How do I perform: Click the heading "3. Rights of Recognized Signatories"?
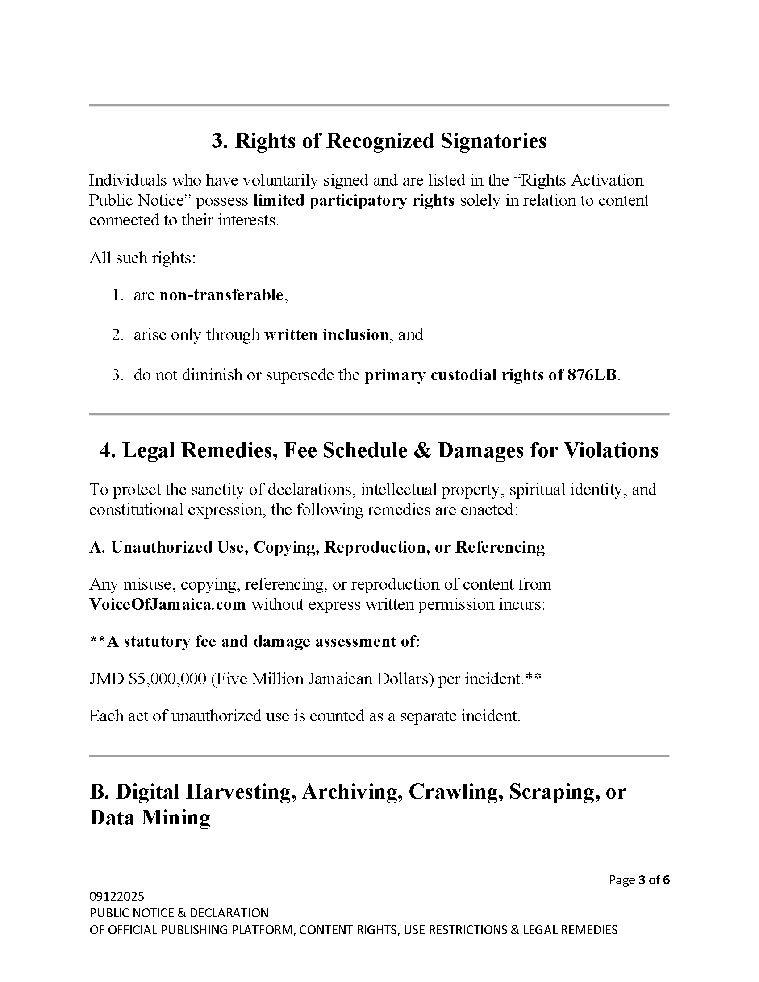(x=379, y=141)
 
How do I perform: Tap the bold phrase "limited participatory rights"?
(x=354, y=200)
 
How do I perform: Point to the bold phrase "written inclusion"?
(x=326, y=335)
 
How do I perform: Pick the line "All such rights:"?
(x=142, y=258)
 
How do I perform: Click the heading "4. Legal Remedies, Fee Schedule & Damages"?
(x=379, y=450)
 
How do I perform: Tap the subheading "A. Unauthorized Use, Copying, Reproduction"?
(x=317, y=547)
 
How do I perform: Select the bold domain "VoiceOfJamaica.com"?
(x=168, y=604)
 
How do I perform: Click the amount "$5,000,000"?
(x=167, y=678)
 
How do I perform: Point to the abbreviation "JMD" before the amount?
(x=107, y=678)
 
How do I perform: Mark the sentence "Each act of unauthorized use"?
(x=304, y=716)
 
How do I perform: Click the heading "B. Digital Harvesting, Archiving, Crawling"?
(x=358, y=792)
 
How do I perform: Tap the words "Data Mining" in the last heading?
(x=150, y=818)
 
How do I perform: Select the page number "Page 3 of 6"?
(x=639, y=880)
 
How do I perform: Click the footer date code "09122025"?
(x=117, y=897)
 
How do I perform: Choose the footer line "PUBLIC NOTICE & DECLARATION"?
(x=179, y=913)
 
